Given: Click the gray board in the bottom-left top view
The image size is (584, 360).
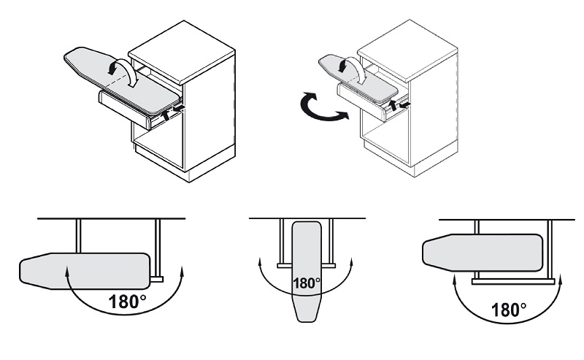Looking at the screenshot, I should pyautogui.click(x=80, y=268).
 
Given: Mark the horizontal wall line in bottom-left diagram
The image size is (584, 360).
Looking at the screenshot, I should pyautogui.click(x=109, y=218).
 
